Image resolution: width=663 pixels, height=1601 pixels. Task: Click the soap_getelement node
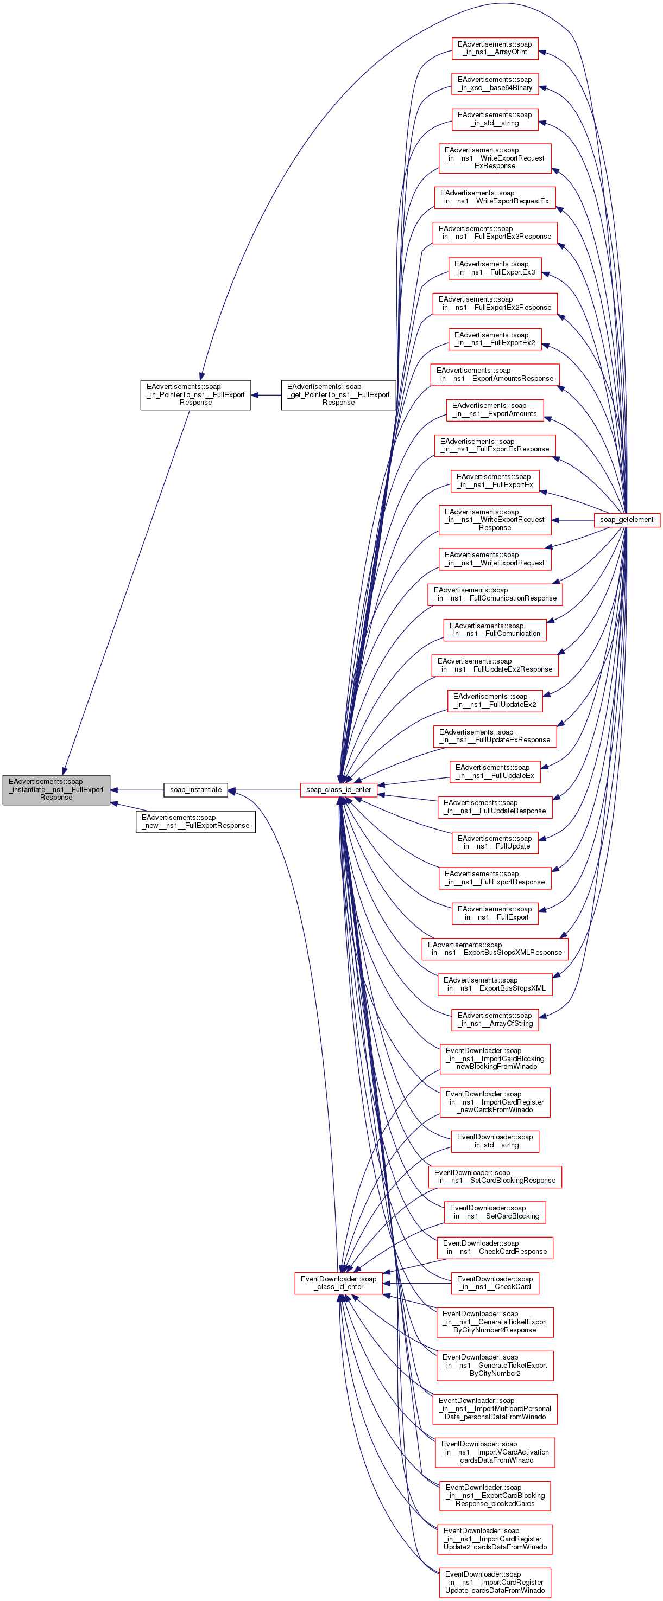[x=626, y=520]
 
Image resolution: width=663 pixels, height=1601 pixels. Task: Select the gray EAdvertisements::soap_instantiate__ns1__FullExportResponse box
[x=56, y=789]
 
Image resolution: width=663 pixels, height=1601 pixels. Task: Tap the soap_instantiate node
[x=195, y=790]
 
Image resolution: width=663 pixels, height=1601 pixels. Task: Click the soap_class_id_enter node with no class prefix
[x=338, y=790]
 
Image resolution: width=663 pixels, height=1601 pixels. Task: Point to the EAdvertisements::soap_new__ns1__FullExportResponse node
[x=195, y=821]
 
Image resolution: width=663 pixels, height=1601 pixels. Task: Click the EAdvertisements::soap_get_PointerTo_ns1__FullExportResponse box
[x=338, y=394]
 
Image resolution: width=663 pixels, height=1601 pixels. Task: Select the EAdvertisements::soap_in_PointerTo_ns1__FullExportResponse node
[x=195, y=394]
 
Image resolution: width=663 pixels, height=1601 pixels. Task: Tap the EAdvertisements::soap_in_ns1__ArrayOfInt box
[x=495, y=48]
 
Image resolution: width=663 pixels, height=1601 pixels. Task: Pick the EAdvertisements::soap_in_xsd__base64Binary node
[x=495, y=84]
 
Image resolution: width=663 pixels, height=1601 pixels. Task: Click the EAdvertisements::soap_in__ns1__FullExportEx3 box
[x=495, y=268]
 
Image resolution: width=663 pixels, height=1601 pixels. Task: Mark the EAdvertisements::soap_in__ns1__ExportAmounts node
[x=495, y=410]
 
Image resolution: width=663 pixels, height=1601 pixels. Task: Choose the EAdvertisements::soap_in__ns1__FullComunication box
[x=495, y=629]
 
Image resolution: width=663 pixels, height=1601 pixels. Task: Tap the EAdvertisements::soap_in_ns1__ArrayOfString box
[x=495, y=1019]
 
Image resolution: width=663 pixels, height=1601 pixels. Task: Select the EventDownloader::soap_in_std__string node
[x=495, y=1141]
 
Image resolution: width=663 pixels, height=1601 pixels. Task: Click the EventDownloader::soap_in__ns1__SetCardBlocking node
[x=495, y=1212]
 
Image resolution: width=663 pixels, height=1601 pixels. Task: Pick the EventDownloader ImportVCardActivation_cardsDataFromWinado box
[x=495, y=1452]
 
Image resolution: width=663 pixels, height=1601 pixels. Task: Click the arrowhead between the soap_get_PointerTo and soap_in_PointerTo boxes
[x=256, y=394]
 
